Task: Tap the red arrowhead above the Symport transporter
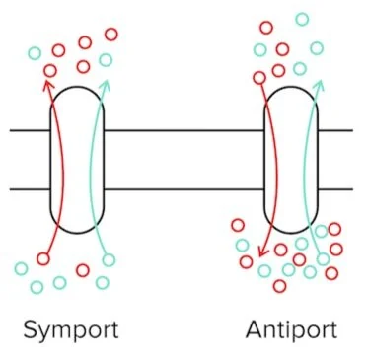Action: pyautogui.click(x=46, y=84)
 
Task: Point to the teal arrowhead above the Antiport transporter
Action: pyautogui.click(x=319, y=87)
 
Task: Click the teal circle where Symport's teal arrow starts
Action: pyautogui.click(x=109, y=259)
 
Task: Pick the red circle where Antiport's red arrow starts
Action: pyautogui.click(x=261, y=74)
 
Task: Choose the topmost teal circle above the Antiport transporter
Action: pyautogui.click(x=301, y=19)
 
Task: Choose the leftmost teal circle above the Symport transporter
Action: pyautogui.click(x=36, y=52)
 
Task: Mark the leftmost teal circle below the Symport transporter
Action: pyautogui.click(x=22, y=268)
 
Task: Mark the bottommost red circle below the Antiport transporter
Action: pyautogui.click(x=279, y=286)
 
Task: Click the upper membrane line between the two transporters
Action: pyautogui.click(x=183, y=130)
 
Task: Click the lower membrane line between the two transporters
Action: pyautogui.click(x=183, y=188)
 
